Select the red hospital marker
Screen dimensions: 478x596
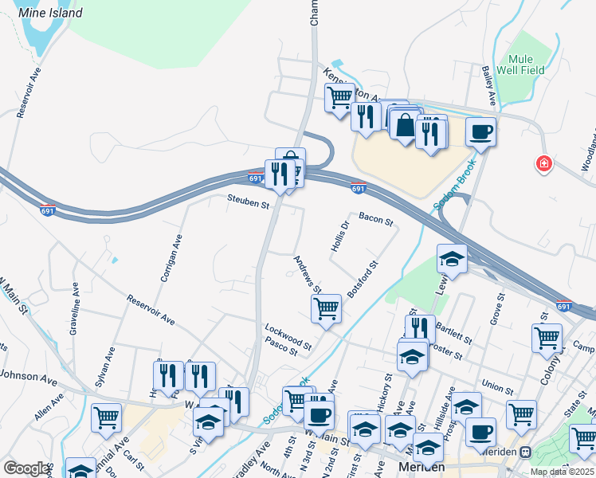(x=544, y=163)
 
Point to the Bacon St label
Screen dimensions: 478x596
(x=376, y=218)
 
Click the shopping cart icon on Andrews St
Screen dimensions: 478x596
(x=326, y=308)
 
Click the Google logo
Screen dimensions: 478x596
(x=25, y=468)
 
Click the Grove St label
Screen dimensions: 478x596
(x=498, y=310)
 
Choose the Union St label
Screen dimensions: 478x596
(x=497, y=387)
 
